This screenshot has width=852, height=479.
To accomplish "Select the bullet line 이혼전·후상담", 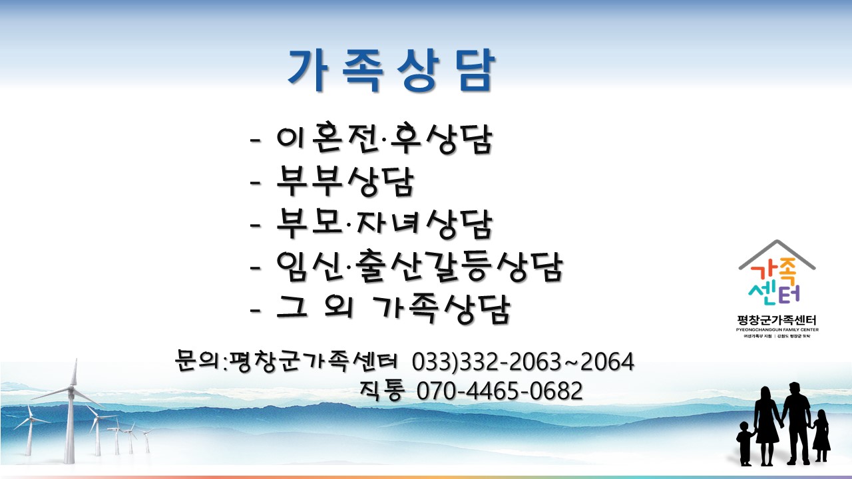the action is (384, 138).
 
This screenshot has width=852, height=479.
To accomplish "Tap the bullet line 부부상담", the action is (345, 181).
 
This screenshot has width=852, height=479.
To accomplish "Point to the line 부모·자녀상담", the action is (384, 224).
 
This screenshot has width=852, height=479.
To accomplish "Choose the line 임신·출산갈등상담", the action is (419, 266).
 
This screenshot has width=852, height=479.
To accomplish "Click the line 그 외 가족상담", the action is (393, 309).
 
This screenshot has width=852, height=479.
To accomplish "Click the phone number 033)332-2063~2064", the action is (523, 361).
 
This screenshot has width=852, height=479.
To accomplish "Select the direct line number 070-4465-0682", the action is (500, 391).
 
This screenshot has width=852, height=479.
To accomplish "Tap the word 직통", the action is (382, 391).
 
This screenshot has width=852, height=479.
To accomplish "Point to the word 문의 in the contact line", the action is (197, 360).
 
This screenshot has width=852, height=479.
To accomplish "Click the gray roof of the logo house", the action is (777, 253).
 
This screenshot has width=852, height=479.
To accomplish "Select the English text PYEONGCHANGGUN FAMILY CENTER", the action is (777, 329).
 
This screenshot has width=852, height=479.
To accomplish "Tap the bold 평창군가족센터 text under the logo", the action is (776, 320).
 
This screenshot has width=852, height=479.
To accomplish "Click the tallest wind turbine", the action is (71, 410).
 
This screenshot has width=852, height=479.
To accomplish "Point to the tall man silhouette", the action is (797, 424).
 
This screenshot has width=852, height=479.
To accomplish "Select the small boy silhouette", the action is (745, 444).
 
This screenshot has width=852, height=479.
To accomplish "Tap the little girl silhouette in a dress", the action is (821, 436).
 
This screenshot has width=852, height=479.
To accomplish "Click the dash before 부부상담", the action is (255, 182).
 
